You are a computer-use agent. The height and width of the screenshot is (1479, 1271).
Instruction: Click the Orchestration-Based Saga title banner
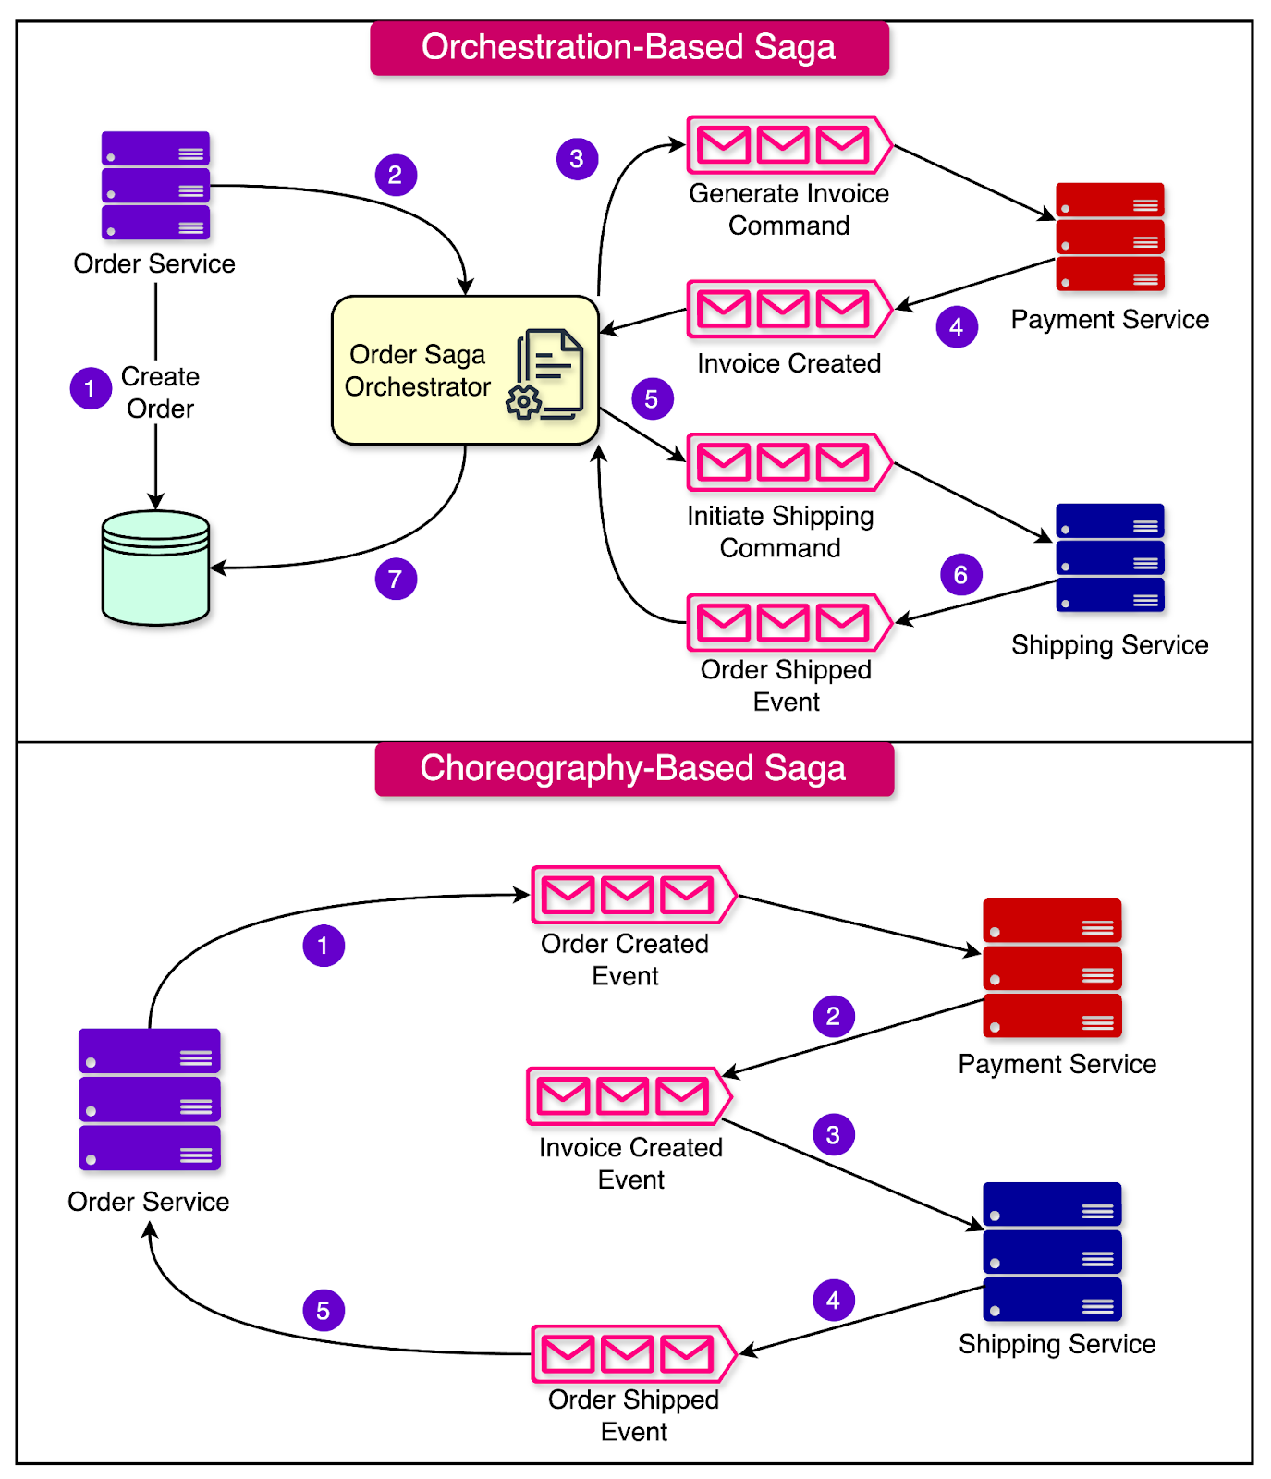pos(629,48)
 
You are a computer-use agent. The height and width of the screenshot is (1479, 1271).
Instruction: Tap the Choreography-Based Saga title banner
pos(634,769)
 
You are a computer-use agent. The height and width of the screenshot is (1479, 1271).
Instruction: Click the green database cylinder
pos(155,568)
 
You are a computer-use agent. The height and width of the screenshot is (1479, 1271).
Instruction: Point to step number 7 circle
pos(396,580)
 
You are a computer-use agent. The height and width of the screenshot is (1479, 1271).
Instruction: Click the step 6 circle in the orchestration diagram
pos(960,575)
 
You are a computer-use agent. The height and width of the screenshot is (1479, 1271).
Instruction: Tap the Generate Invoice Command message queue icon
pos(788,145)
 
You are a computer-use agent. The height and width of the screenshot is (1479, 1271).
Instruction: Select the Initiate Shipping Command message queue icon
pos(788,462)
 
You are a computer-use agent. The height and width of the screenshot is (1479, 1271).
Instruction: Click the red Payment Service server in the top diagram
pos(1109,237)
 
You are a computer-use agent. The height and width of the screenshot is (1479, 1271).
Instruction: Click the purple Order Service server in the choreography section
pos(150,1100)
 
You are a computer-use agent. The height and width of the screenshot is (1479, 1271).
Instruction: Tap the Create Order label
pos(160,393)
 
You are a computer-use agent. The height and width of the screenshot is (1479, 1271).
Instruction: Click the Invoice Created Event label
pos(630,1164)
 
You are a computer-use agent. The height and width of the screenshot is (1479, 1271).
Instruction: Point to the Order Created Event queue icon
pos(633,895)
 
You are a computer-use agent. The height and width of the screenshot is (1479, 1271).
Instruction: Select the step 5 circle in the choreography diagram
pos(324,1311)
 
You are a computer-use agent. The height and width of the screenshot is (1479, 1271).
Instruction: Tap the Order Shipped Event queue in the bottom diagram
pos(633,1354)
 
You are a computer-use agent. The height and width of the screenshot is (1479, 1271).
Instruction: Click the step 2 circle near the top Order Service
pos(396,175)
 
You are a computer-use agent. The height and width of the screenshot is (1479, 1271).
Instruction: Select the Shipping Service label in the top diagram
pos(1109,644)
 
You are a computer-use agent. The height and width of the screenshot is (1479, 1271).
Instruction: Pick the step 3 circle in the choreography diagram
pos(833,1135)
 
